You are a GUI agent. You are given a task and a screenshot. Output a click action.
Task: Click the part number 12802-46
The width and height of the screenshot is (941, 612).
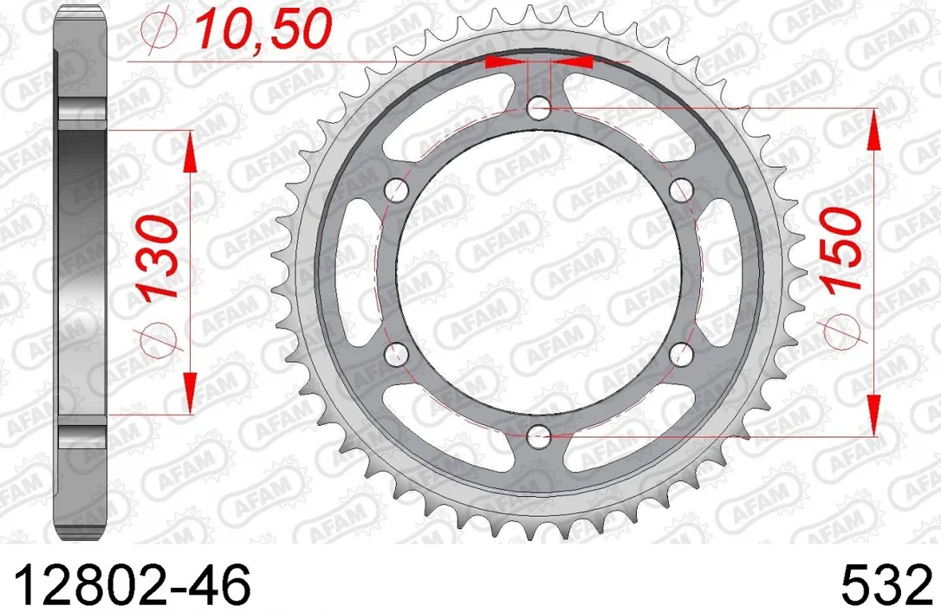pyautogui.click(x=131, y=585)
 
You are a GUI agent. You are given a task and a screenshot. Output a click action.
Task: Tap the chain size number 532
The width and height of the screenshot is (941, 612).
pyautogui.click(x=887, y=585)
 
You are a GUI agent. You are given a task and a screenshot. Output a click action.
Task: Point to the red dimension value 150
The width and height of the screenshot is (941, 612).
pyautogui.click(x=841, y=249)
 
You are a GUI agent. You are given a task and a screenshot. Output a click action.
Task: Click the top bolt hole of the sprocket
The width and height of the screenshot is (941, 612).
pyautogui.click(x=539, y=109)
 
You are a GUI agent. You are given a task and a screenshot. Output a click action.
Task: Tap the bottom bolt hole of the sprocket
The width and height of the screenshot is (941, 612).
pyautogui.click(x=539, y=437)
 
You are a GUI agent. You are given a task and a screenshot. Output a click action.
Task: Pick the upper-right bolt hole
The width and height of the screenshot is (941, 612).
pyautogui.click(x=681, y=191)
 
